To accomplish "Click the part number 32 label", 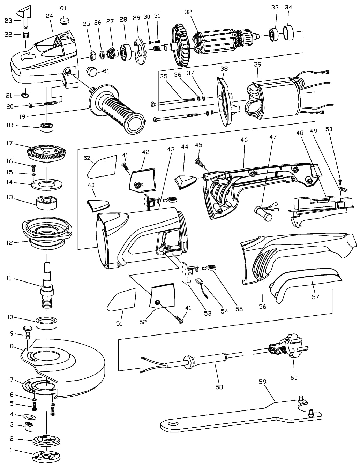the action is pyautogui.click(x=188, y=12).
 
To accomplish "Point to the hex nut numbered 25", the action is pyautogui.click(x=92, y=56).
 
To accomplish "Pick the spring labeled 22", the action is pyautogui.click(x=26, y=35).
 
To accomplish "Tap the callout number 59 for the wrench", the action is pyautogui.click(x=263, y=382).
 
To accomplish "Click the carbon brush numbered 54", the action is pyautogui.click(x=201, y=286).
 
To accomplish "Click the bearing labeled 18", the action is pyautogui.click(x=47, y=128).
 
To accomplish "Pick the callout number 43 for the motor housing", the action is pyautogui.click(x=171, y=149).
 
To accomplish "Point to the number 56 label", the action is pyautogui.click(x=263, y=307).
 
